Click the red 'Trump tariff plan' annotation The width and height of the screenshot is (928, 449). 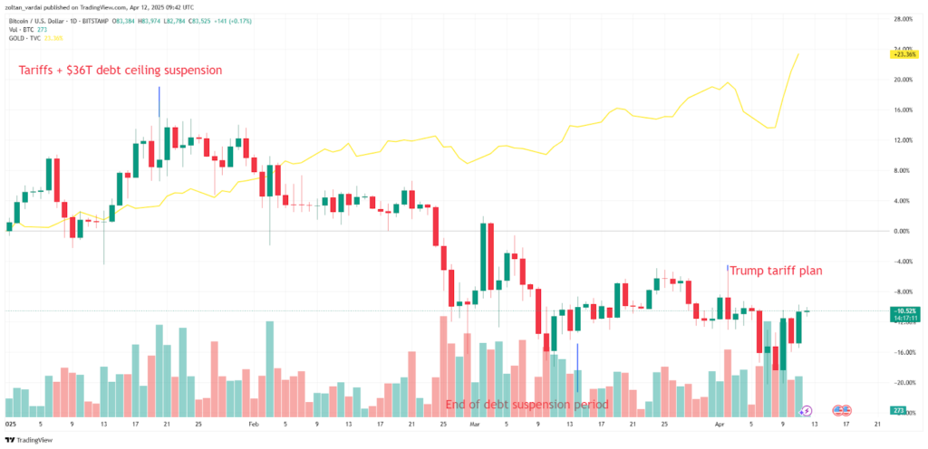(x=777, y=270)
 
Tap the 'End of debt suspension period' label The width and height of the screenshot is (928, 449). (x=527, y=404)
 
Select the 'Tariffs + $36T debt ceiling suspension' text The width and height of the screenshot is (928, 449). (x=121, y=70)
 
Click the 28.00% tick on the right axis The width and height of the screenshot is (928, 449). (x=903, y=18)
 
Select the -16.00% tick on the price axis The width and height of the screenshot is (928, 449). (x=903, y=352)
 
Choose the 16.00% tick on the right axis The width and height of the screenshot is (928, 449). (x=903, y=110)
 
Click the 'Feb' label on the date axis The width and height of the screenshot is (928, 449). (x=255, y=423)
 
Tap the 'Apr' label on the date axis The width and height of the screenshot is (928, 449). (x=720, y=423)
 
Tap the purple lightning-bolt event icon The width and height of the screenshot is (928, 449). (x=806, y=411)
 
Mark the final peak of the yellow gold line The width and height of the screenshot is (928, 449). (x=798, y=54)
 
